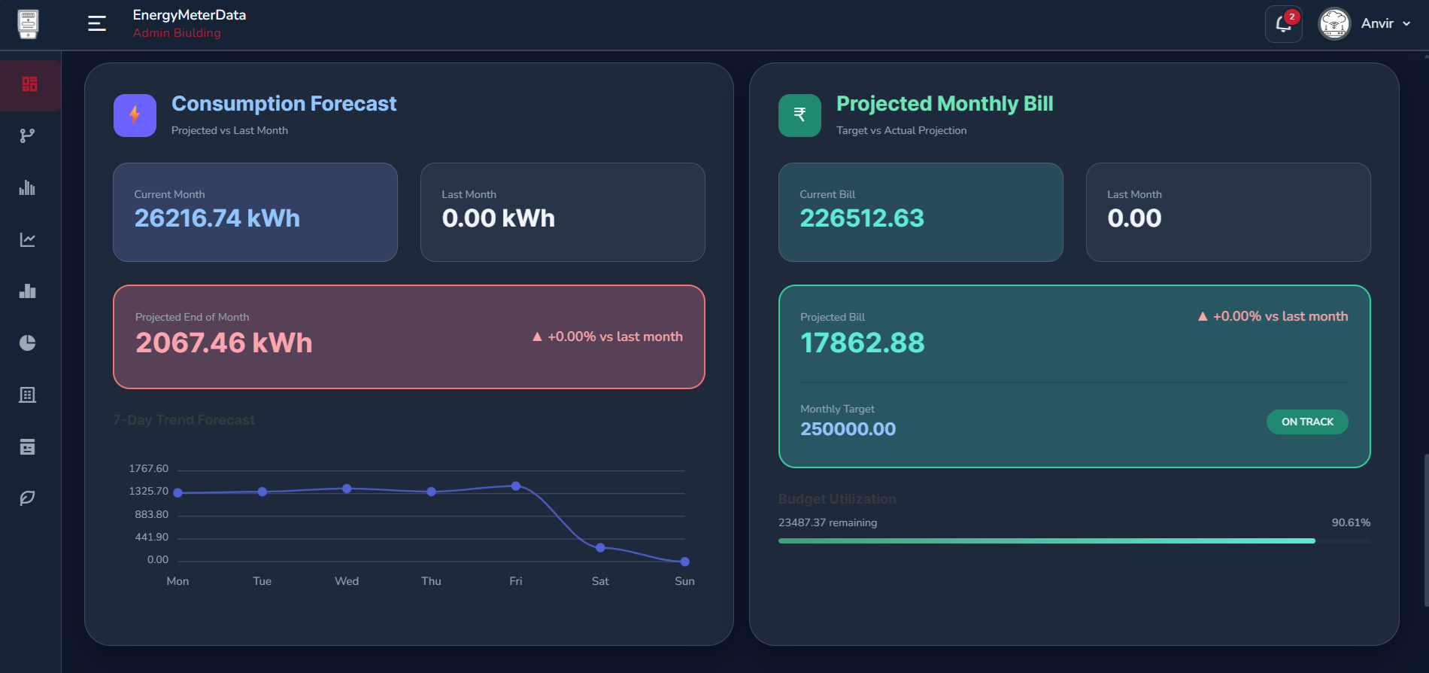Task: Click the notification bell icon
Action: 1283,24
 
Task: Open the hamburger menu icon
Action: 97,24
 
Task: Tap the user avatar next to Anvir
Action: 1334,24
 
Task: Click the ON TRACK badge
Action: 1307,422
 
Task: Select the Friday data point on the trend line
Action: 516,486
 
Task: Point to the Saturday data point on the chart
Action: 600,547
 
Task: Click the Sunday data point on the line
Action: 684,562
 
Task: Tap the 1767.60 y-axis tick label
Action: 149,468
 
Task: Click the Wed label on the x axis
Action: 347,581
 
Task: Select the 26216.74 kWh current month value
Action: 217,218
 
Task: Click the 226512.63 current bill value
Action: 862,218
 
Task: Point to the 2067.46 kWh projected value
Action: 223,343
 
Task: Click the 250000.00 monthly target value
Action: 848,429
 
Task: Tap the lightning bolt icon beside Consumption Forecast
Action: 135,115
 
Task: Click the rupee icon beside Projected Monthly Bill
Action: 799,115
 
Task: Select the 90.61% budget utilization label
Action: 1351,522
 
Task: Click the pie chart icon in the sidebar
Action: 28,343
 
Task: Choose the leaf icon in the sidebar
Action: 28,498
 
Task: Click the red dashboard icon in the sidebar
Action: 29,84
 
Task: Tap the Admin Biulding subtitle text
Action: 177,33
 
